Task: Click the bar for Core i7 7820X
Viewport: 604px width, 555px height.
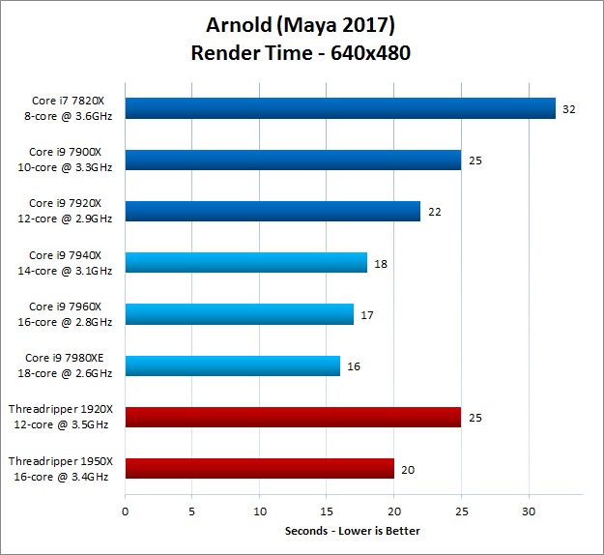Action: [x=340, y=108]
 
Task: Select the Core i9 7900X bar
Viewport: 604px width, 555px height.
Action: [x=293, y=160]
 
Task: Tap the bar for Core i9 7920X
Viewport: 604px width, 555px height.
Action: [x=273, y=211]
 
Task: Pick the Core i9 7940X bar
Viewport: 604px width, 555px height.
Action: [x=245, y=263]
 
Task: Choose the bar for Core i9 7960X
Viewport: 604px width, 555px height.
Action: [x=239, y=314]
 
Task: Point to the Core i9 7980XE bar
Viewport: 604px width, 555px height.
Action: [x=232, y=365]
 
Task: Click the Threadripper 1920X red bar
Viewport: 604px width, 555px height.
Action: [x=293, y=418]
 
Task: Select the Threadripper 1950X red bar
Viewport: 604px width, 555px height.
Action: [x=259, y=469]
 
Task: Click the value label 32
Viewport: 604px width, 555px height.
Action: [x=569, y=109]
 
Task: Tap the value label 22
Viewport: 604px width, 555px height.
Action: [x=434, y=212]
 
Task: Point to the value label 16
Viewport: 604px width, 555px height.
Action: [x=354, y=366]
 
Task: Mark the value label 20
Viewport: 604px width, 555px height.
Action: [x=407, y=470]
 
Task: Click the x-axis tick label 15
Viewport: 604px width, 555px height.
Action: [x=327, y=510]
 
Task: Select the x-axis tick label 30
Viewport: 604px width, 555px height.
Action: [x=529, y=510]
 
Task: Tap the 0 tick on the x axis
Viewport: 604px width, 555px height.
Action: [x=125, y=510]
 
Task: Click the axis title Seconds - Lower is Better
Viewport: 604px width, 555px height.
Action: [x=353, y=531]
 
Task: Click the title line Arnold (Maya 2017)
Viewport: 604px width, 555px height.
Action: [x=302, y=23]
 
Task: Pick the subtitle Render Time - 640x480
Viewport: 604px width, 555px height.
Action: [x=302, y=53]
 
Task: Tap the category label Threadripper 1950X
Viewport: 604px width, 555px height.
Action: [x=61, y=462]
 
